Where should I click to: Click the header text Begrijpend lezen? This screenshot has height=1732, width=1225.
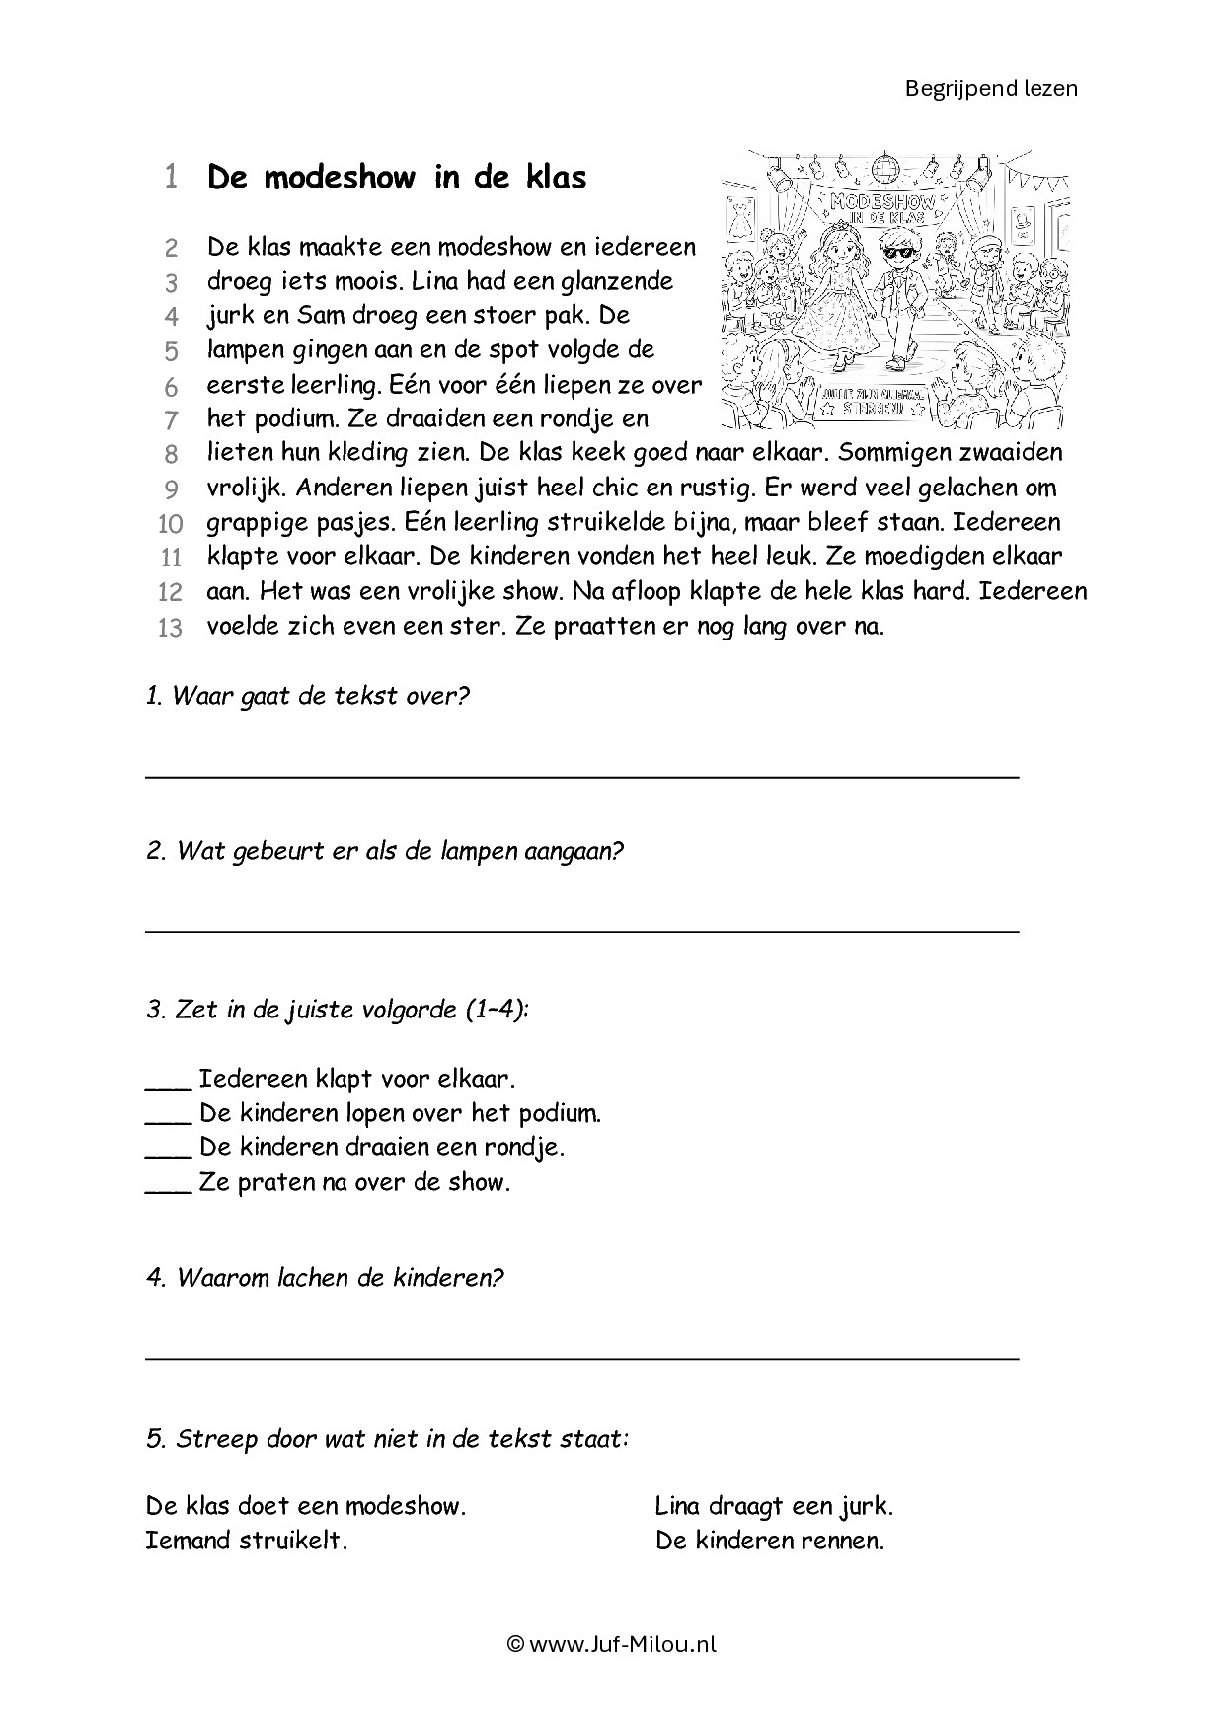pos(991,88)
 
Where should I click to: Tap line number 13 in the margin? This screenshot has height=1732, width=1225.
pos(170,628)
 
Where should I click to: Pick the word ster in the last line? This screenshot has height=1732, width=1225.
pos(481,626)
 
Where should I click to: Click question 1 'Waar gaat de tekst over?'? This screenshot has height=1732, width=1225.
pos(307,696)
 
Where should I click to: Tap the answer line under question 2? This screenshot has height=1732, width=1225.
pos(582,931)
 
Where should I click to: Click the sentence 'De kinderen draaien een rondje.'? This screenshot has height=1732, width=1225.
pos(381,1148)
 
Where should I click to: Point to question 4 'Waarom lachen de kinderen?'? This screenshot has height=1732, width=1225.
pos(325,1278)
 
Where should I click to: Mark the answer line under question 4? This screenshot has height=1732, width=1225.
pos(582,1358)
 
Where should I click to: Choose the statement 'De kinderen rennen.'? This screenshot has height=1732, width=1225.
pos(770,1541)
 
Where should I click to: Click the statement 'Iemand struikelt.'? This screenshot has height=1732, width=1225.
pos(247,1541)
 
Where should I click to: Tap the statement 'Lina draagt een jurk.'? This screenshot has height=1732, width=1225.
pos(774,1506)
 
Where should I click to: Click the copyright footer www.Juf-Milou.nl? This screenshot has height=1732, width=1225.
pos(612,1644)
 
